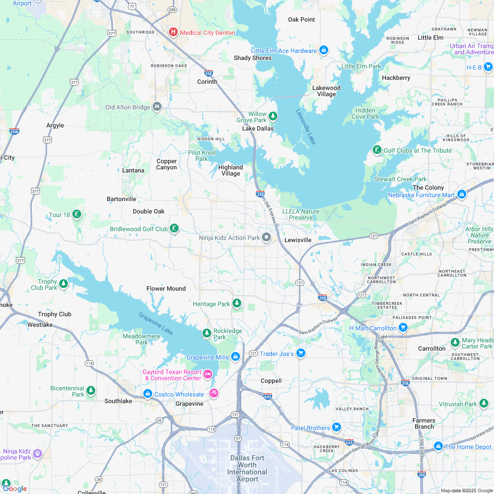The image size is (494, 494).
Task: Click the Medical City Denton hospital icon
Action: coord(173,32)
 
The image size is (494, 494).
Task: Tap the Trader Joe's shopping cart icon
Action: coord(300,353)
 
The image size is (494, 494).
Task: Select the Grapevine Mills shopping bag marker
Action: coord(236,356)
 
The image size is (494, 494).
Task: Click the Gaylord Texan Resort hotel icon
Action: coord(208,374)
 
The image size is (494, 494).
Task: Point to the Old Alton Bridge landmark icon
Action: coord(157,107)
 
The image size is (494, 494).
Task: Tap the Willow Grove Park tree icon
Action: coord(273,116)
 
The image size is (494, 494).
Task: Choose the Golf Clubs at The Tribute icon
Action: coord(376,150)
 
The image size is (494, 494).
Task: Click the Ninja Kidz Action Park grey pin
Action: coord(266,238)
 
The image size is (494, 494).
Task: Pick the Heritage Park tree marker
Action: coord(237,303)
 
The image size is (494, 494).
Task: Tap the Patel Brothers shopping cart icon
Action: coord(337,427)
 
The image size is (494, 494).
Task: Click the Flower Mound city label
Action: coord(166,288)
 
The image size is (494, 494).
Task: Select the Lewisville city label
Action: coord(298,240)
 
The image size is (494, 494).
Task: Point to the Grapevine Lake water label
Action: coord(156,324)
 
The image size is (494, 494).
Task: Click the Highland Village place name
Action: coord(231,170)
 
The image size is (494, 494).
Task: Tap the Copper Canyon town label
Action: coord(167,164)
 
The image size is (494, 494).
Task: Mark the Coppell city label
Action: coord(271,381)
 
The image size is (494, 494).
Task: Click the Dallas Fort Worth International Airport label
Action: coord(247,468)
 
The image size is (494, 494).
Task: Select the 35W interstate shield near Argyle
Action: coord(14,131)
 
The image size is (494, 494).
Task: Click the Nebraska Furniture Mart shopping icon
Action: coord(461,194)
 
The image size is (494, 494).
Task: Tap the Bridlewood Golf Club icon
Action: coord(174,228)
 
